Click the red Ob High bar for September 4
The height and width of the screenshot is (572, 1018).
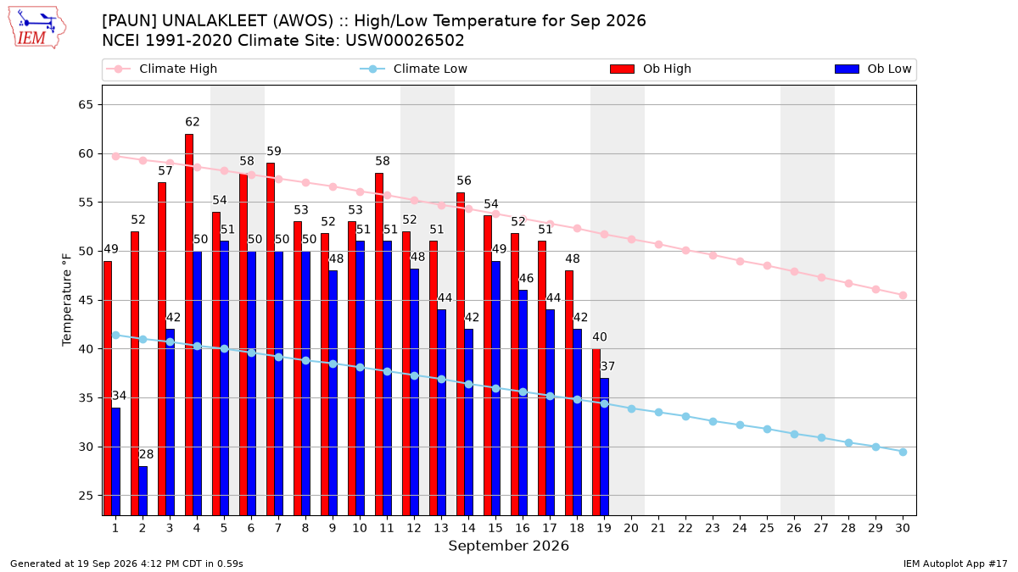click(189, 325)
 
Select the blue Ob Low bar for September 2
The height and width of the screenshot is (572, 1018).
click(143, 491)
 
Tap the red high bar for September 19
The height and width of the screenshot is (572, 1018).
click(596, 432)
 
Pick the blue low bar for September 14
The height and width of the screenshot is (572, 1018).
click(468, 422)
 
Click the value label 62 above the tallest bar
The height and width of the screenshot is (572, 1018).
click(193, 122)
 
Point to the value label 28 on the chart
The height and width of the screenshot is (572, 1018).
click(146, 454)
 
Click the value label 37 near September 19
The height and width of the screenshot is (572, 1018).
click(607, 366)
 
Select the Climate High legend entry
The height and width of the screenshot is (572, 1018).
click(162, 69)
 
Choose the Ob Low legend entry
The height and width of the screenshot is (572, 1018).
click(873, 69)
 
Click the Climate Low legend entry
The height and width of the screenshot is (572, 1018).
click(414, 69)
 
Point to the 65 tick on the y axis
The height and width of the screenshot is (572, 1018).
click(86, 105)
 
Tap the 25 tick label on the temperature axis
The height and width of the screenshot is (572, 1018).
click(86, 496)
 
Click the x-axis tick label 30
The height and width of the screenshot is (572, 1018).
click(903, 528)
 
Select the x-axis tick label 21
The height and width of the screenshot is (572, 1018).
click(658, 528)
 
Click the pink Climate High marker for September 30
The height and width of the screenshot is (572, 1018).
click(903, 296)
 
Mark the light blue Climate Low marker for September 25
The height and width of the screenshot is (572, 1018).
click(767, 429)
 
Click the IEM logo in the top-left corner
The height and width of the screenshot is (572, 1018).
click(37, 28)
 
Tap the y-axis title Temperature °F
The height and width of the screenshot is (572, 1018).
click(67, 300)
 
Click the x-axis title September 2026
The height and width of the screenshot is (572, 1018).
click(508, 546)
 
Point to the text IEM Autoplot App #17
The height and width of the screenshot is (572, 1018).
click(955, 564)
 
